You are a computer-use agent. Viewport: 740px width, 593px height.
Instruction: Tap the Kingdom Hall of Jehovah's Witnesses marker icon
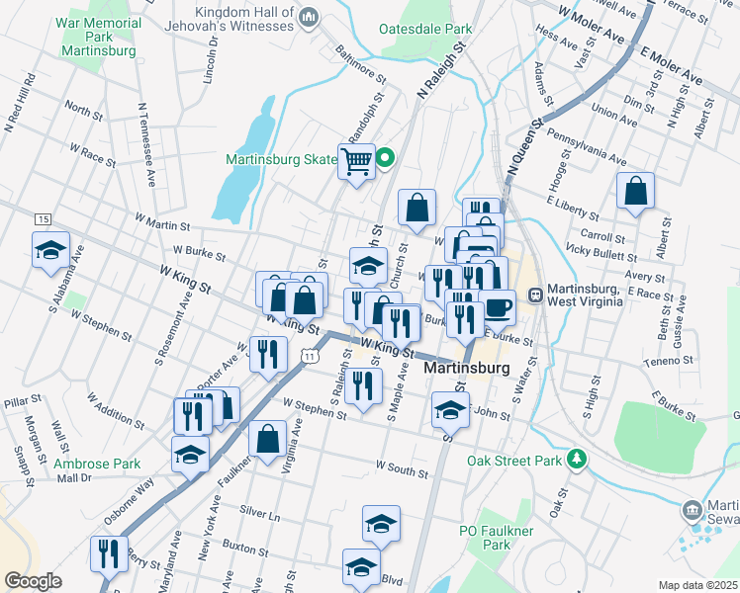pos(309,16)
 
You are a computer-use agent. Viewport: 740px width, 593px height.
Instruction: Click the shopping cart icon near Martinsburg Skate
pos(356,160)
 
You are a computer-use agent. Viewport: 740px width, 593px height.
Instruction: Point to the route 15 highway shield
pos(42,218)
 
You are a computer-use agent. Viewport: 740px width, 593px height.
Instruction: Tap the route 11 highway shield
pos(311,354)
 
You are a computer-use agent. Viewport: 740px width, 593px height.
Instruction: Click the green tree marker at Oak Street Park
pos(576,460)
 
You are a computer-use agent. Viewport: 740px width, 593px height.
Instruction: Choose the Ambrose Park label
pos(97,463)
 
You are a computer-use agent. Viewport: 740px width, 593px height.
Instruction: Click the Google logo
pos(33,581)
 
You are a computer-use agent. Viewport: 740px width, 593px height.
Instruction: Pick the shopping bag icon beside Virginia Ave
pos(268,440)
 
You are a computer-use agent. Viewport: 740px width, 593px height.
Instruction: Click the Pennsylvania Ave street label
pos(586,145)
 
